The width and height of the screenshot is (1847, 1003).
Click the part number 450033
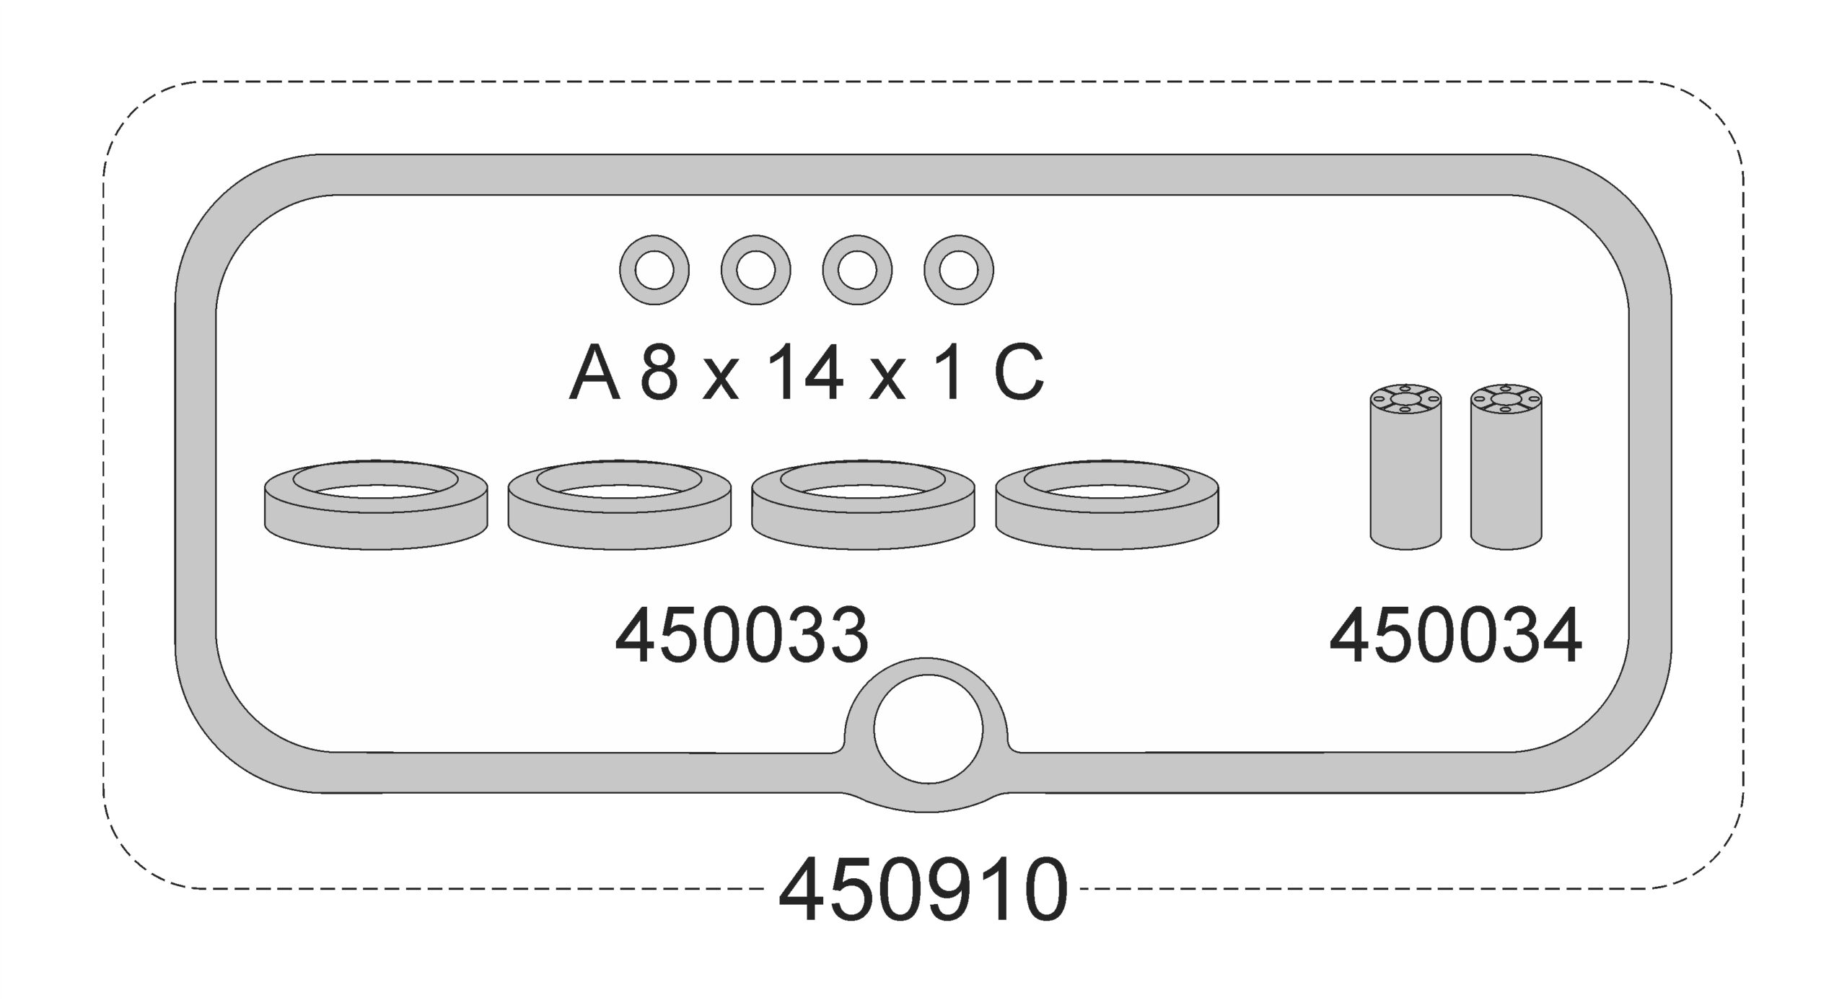741,636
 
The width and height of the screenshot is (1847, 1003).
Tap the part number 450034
1455,636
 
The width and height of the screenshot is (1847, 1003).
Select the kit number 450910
923,890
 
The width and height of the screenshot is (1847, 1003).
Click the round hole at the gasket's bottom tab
928,729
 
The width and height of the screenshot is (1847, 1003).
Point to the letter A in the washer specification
595,373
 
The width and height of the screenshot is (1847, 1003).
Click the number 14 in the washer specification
805,373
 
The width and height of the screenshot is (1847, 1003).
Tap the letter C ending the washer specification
1019,373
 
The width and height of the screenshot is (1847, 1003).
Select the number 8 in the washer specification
659,373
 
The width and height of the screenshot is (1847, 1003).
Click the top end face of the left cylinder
1405,399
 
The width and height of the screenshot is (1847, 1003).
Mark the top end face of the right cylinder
1506,399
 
